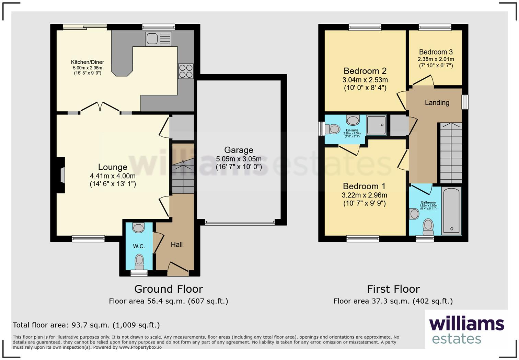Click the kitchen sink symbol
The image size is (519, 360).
(158, 39)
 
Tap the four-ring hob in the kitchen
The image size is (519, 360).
(186, 71)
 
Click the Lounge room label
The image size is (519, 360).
(113, 167)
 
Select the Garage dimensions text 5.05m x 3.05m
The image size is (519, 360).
(239, 159)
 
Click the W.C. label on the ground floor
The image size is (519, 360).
(139, 246)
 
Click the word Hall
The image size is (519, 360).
(177, 245)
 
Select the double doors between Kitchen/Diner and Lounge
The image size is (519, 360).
(100, 107)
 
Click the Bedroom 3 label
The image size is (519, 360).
(436, 52)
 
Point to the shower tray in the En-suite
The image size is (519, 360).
(377, 125)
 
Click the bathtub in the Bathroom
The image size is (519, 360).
(451, 211)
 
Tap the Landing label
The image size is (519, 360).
(437, 103)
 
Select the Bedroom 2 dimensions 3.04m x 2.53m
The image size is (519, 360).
(365, 80)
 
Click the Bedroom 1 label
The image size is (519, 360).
(364, 186)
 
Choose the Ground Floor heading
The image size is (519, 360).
(169, 289)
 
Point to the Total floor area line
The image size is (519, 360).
(86, 325)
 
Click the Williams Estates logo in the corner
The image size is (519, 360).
(466, 330)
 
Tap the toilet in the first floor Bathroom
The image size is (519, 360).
(428, 226)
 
